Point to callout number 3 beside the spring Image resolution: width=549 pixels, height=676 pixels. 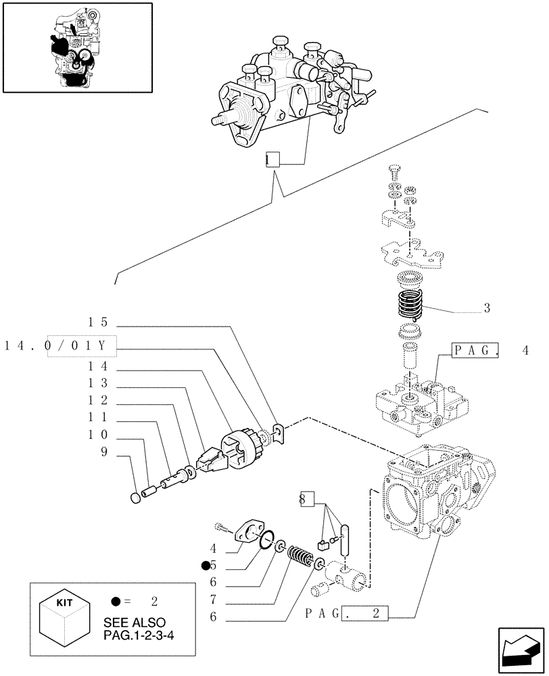tap(486, 308)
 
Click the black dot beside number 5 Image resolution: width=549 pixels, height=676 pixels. tap(205, 564)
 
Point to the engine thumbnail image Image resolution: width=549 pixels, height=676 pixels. tap(76, 47)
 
